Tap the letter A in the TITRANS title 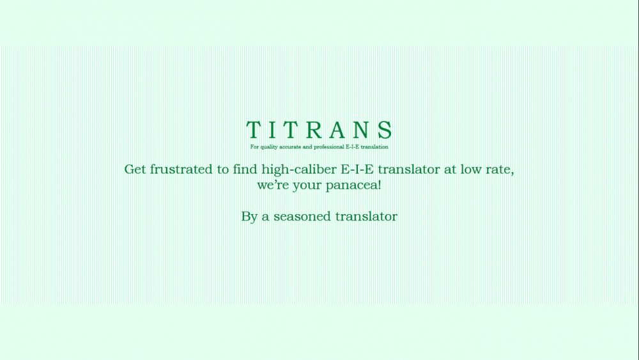(x=338, y=130)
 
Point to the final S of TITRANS (x=385, y=130)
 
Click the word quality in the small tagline (x=269, y=147)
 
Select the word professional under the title (x=329, y=147)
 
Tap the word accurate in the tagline (x=290, y=147)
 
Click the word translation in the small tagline (x=374, y=147)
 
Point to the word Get (x=135, y=169)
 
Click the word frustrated (x=181, y=169)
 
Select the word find (x=245, y=169)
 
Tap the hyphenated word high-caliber (x=299, y=169)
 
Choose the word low (x=471, y=169)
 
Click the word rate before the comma (x=498, y=169)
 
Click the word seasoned (x=302, y=217)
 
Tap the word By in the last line (x=249, y=217)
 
